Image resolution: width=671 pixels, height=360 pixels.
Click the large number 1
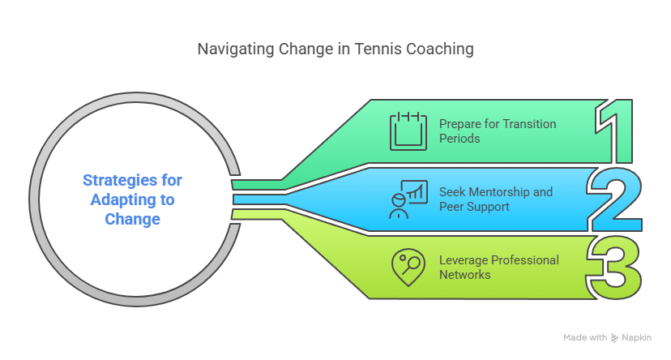point(613,130)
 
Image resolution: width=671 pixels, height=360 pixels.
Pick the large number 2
point(613,199)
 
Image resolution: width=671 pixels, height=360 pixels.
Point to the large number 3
point(613,267)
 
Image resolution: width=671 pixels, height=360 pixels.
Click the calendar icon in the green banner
point(408,131)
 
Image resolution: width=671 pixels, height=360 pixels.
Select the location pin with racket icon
point(408,267)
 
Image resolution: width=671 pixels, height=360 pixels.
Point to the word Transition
point(531,124)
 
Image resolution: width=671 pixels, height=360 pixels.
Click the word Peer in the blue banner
point(454,207)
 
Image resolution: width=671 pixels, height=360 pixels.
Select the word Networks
point(465,275)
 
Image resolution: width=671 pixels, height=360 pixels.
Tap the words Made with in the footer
point(585,337)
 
